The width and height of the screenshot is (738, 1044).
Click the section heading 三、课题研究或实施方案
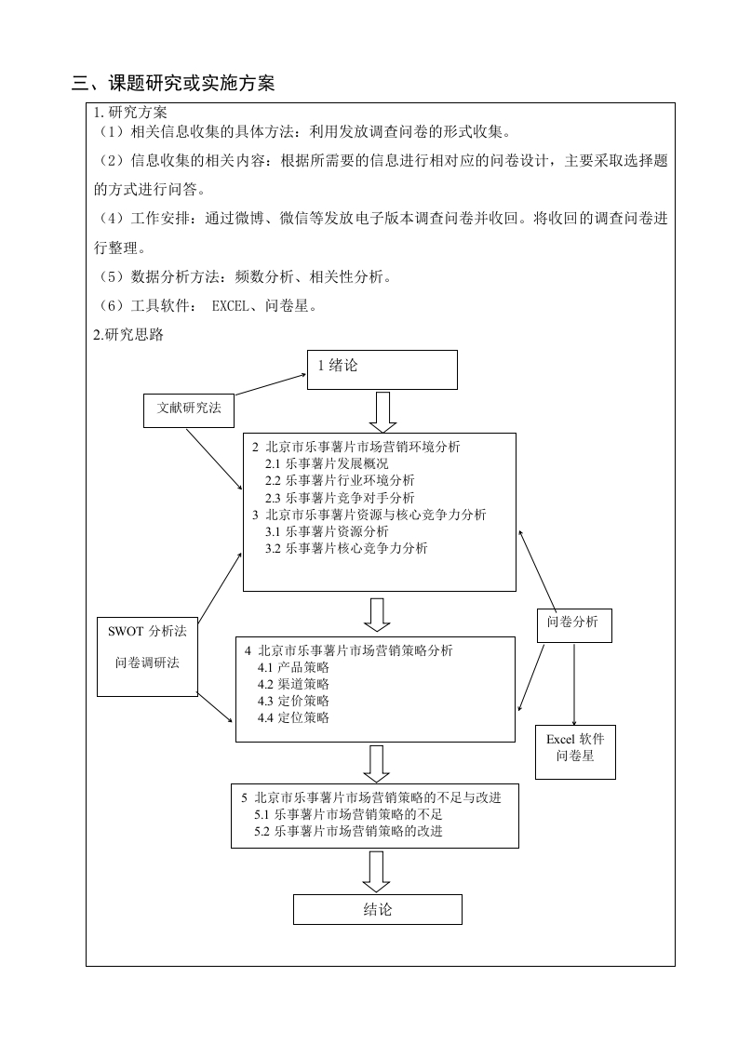(173, 83)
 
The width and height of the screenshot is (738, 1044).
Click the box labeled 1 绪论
(382, 369)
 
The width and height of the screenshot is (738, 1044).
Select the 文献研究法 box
(189, 410)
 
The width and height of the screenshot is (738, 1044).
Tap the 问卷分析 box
(574, 625)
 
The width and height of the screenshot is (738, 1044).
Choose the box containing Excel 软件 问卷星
(575, 752)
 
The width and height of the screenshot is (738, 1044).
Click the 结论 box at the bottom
(378, 909)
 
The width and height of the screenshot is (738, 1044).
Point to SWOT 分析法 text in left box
(147, 631)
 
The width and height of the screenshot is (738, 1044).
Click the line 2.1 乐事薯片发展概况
(327, 463)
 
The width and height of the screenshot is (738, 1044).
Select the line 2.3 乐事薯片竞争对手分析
(340, 498)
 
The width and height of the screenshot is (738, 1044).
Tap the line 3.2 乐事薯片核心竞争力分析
(346, 549)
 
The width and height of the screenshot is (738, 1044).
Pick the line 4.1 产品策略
(293, 667)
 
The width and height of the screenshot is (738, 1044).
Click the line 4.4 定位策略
(293, 717)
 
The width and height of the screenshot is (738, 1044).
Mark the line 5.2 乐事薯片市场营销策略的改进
(348, 831)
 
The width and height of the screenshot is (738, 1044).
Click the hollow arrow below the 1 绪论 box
(382, 411)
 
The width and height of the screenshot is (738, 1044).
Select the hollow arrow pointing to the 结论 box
(376, 872)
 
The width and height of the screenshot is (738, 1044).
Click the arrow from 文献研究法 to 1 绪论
(271, 384)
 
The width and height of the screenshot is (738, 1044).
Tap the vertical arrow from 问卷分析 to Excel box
(574, 684)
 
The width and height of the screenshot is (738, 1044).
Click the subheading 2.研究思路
(128, 334)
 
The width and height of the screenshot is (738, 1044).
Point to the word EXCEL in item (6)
(230, 305)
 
